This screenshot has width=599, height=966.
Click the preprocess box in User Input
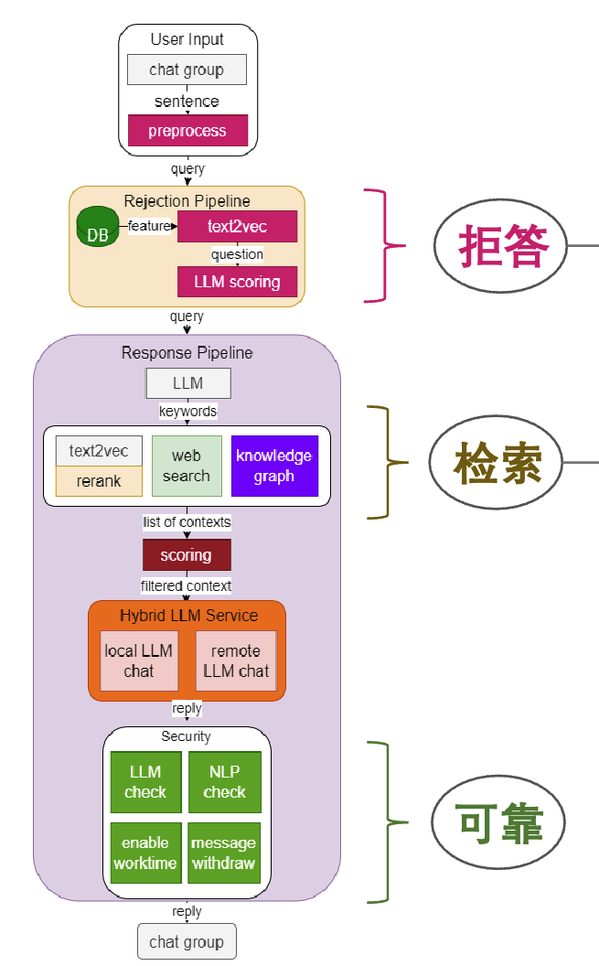(187, 131)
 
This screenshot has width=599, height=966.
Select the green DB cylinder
(96, 227)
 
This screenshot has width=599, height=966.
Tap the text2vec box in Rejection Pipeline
(237, 226)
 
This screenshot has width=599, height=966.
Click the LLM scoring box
(237, 282)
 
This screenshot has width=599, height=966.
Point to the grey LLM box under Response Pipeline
(188, 383)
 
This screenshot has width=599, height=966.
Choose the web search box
(187, 467)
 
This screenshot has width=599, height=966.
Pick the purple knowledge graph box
(274, 466)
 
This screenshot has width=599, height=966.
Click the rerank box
(99, 481)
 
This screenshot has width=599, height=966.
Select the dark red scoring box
(187, 555)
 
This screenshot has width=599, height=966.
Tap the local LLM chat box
(139, 660)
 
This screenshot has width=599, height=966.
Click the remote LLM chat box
(235, 660)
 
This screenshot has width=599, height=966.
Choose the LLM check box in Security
(145, 782)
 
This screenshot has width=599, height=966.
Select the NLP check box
(225, 782)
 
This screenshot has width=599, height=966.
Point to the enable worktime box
(145, 853)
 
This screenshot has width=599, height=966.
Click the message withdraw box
(224, 853)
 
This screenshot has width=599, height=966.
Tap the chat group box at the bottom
(187, 941)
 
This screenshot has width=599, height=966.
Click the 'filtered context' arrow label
(187, 585)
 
